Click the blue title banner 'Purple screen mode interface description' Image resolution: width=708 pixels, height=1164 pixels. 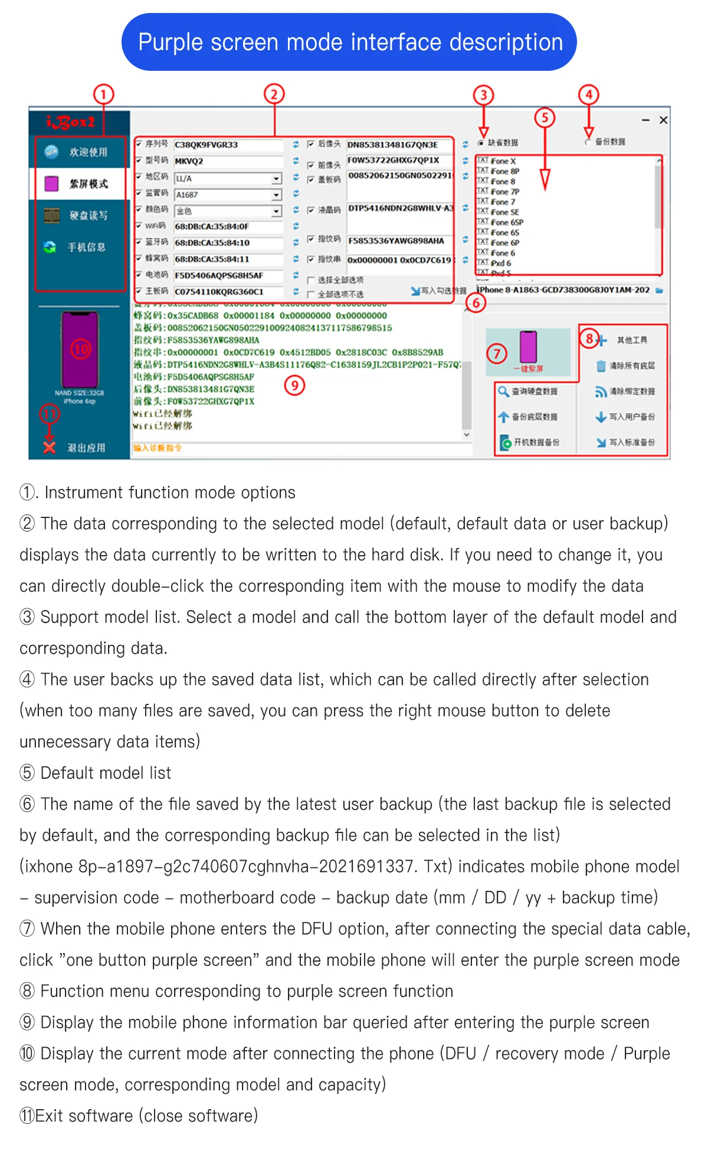(x=349, y=42)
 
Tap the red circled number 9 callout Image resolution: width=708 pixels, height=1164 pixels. (x=294, y=385)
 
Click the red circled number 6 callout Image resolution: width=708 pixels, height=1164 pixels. (x=476, y=303)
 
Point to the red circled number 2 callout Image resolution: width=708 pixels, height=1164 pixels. (x=274, y=94)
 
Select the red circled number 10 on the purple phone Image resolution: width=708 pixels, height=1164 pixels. (x=80, y=349)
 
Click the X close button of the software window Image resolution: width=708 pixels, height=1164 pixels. (x=663, y=120)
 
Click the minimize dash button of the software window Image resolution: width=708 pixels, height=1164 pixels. (x=646, y=120)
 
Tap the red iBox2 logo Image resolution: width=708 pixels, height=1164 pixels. (x=71, y=122)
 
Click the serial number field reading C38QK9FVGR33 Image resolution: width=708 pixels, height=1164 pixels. (x=227, y=145)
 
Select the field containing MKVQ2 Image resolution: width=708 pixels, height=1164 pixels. (x=227, y=161)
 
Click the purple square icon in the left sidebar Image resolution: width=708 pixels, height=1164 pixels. (x=52, y=183)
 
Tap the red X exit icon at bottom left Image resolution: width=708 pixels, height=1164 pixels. (x=50, y=448)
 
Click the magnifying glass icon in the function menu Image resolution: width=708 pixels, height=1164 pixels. (x=503, y=391)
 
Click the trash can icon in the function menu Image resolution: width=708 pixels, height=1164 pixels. (x=601, y=366)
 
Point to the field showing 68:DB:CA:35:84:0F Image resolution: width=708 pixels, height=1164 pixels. (x=227, y=227)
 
